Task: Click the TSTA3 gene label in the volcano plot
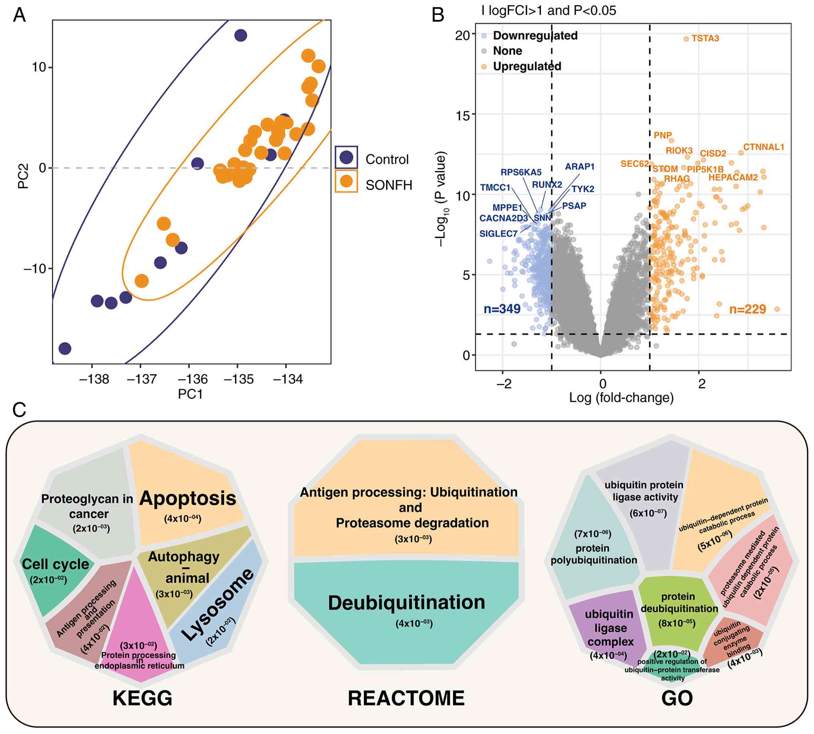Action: (x=705, y=38)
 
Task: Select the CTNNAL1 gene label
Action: (x=763, y=147)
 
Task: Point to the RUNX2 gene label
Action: (x=547, y=185)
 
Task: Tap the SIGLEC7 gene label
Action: (x=498, y=234)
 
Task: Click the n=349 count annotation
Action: (x=502, y=309)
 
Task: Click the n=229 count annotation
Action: (x=747, y=309)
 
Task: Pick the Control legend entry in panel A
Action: (x=387, y=159)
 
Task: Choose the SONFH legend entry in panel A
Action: (x=389, y=185)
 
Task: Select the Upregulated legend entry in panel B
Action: (x=526, y=66)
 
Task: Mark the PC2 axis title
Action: (x=23, y=177)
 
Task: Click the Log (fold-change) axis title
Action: (x=621, y=398)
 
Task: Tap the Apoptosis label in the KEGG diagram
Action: (x=187, y=498)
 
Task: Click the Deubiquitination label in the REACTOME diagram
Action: (x=406, y=603)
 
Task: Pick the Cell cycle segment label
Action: (x=55, y=564)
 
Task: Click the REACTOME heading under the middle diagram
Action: (x=406, y=698)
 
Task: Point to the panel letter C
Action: (x=19, y=410)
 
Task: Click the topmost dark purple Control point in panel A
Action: (x=241, y=36)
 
